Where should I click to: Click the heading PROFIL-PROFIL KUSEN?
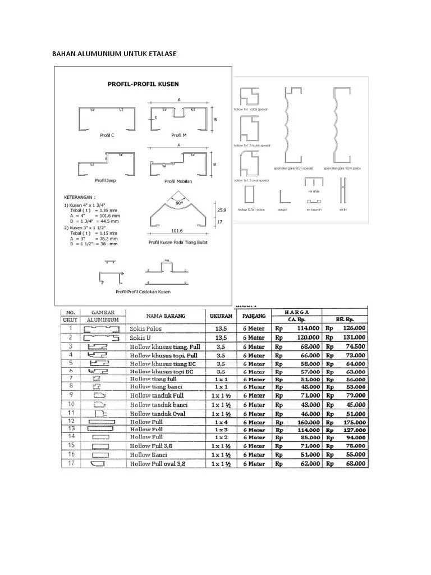[x=143, y=84]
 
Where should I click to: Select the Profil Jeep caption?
[x=105, y=180]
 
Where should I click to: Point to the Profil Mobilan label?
[x=177, y=181]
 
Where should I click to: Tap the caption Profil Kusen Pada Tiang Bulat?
[x=178, y=241]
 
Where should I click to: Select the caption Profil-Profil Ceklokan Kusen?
[x=143, y=292]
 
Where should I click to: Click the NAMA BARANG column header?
[x=167, y=316]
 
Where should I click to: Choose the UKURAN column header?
[x=221, y=316]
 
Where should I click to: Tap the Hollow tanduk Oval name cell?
[x=158, y=413]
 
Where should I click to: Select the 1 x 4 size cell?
[x=221, y=422]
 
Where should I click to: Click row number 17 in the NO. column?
[x=71, y=464]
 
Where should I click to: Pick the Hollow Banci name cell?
[x=149, y=454]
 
